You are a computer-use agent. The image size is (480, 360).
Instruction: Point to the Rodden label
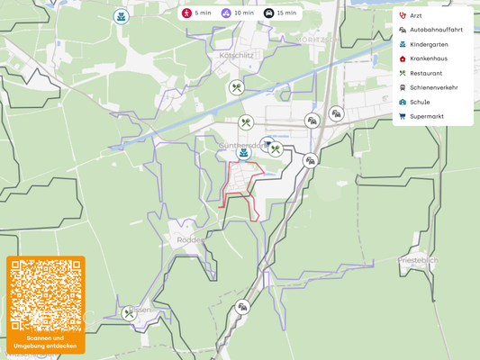point(191,240)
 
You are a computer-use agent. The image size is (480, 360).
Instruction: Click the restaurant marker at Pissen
point(130,313)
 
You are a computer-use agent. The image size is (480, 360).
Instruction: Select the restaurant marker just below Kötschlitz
point(237,88)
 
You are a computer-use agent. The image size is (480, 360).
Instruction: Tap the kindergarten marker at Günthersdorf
point(243,154)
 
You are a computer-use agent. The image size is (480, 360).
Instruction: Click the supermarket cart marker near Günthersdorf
point(267,143)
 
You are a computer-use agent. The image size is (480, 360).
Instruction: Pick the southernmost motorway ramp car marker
point(242,307)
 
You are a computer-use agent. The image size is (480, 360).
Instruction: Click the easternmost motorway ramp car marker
point(336,113)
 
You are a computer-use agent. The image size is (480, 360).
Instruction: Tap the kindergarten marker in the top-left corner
point(121,17)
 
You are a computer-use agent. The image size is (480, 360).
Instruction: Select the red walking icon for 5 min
point(186,13)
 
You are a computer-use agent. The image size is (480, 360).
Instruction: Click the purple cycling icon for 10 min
point(226,13)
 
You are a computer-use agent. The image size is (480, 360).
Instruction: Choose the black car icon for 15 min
point(268,13)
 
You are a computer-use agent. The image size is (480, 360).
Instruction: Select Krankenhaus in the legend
point(428,58)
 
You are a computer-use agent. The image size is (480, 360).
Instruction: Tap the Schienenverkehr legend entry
point(433,87)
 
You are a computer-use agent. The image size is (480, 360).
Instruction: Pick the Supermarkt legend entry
point(428,116)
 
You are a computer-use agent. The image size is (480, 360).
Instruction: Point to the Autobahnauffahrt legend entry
point(436,30)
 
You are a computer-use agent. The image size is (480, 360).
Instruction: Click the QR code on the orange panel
point(46,295)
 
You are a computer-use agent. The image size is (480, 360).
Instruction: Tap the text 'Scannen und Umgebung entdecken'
point(46,342)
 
